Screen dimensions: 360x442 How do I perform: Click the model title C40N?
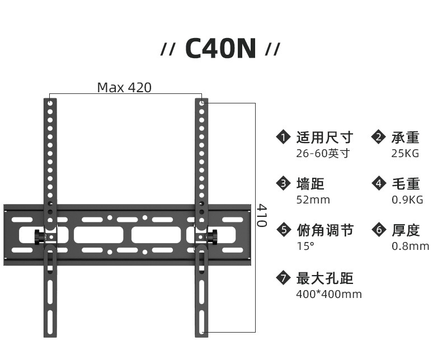[x=220, y=49]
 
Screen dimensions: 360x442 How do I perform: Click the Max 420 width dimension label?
[x=124, y=88]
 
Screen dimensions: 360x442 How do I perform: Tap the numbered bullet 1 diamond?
[x=284, y=138]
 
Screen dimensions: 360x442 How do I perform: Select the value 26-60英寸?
[x=323, y=153]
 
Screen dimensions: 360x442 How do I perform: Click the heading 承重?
[x=405, y=138]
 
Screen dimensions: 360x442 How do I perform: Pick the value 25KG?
[x=405, y=153]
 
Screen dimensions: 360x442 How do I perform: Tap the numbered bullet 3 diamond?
[x=284, y=183]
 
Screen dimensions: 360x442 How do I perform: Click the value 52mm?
[x=313, y=200]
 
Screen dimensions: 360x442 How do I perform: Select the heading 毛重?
[x=405, y=183]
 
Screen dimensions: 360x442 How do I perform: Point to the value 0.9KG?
[x=407, y=200]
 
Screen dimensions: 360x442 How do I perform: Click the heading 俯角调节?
[x=325, y=230]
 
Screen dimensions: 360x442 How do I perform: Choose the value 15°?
[x=305, y=246]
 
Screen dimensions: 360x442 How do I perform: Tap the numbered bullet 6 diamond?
[x=379, y=230]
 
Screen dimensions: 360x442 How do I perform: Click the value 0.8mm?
[x=410, y=246]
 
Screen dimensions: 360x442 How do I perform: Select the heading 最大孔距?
[x=325, y=278]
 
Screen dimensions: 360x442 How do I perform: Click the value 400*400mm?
[x=329, y=294]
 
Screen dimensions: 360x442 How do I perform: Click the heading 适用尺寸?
[x=325, y=138]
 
